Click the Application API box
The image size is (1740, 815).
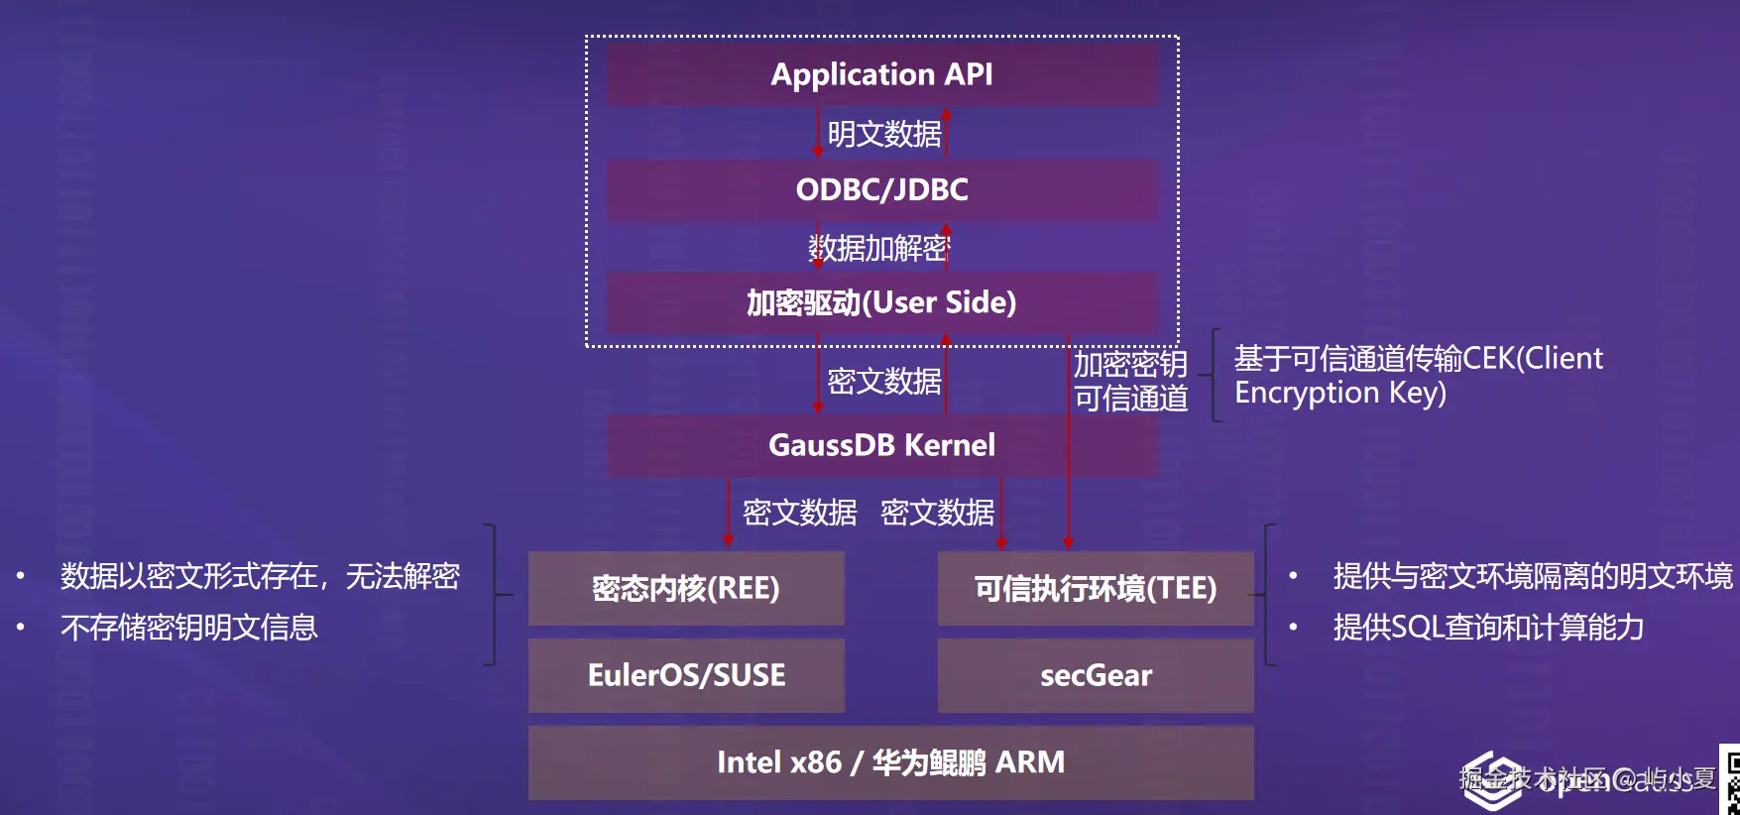[881, 74]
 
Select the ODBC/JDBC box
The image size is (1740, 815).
[881, 189]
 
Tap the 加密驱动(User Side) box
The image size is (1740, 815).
[881, 302]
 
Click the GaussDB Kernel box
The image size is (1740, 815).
[881, 445]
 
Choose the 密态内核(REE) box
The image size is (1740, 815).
[686, 588]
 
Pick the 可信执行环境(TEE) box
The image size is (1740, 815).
[1096, 588]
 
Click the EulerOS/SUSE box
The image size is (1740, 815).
[686, 675]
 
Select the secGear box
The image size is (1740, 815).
[1096, 675]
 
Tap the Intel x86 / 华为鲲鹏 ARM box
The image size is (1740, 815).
[890, 762]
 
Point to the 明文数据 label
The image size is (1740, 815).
[884, 134]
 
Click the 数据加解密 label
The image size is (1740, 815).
[879, 248]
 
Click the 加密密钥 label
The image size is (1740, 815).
[1130, 364]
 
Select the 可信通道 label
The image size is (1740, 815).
[1130, 399]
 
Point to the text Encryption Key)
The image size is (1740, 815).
[1339, 393]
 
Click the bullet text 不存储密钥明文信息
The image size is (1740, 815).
[188, 628]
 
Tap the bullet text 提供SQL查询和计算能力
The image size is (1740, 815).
[1488, 628]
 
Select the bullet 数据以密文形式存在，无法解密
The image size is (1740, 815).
[260, 576]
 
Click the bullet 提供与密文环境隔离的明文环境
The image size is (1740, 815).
[1533, 576]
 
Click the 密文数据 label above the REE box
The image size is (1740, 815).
[799, 513]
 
